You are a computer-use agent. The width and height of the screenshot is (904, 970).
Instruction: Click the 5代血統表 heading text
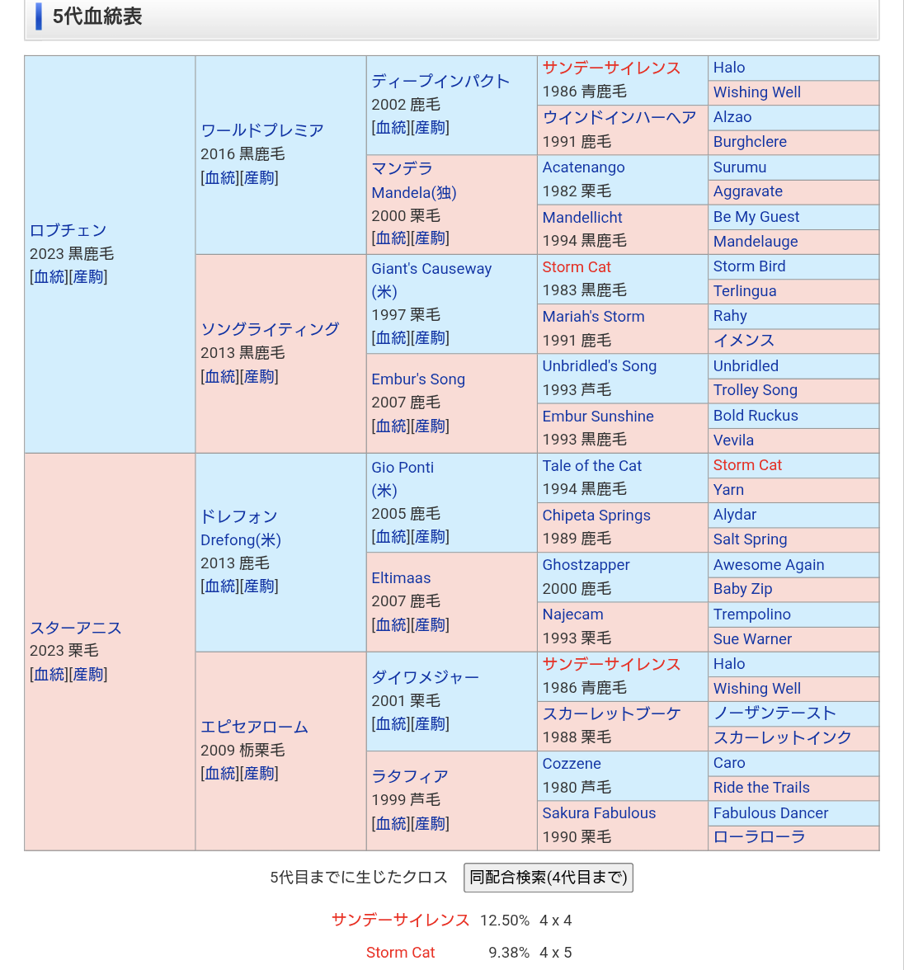pyautogui.click(x=97, y=16)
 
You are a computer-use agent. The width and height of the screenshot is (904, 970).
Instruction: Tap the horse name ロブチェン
pyautogui.click(x=68, y=230)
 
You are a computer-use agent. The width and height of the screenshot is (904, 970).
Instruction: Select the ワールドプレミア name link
pyautogui.click(x=262, y=130)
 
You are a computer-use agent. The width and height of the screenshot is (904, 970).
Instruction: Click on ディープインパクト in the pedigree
pyautogui.click(x=440, y=81)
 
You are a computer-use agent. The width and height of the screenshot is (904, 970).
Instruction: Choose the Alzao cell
pyautogui.click(x=732, y=117)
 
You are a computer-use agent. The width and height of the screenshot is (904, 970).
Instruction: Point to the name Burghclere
pyautogui.click(x=750, y=142)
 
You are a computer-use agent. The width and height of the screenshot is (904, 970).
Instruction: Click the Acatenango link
pyautogui.click(x=583, y=167)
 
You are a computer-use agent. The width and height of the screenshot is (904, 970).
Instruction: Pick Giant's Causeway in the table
pyautogui.click(x=431, y=269)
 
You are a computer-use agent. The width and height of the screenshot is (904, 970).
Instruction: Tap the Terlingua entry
pyautogui.click(x=745, y=291)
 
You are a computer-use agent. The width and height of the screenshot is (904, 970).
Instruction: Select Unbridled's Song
pyautogui.click(x=600, y=366)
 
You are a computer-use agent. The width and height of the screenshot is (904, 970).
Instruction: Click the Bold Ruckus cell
pyautogui.click(x=756, y=416)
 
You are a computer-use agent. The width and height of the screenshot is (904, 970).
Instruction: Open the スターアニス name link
pyautogui.click(x=76, y=628)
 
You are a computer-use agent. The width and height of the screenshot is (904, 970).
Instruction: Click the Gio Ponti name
pyautogui.click(x=403, y=468)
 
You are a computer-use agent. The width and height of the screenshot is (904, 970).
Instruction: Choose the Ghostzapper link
pyautogui.click(x=586, y=565)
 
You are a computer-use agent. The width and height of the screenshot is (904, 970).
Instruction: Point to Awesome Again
pyautogui.click(x=769, y=565)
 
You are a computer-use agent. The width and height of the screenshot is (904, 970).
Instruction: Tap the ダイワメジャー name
pyautogui.click(x=425, y=677)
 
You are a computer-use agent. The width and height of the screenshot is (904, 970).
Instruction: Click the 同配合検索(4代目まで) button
pyautogui.click(x=549, y=878)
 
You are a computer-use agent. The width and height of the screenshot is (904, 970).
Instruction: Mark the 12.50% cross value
pyautogui.click(x=505, y=921)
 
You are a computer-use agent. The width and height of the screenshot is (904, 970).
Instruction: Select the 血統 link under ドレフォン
pyautogui.click(x=219, y=586)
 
